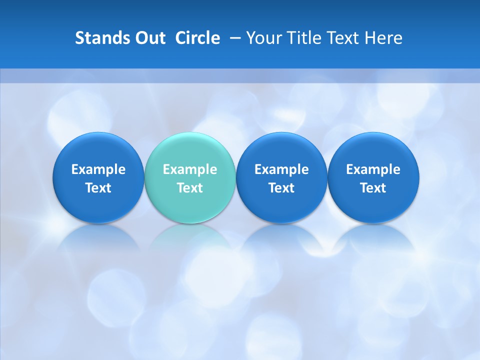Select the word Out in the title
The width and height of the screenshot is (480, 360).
149,38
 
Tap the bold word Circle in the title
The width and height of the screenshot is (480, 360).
197,38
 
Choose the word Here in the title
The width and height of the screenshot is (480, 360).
384,38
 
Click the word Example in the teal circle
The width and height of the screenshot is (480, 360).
190,169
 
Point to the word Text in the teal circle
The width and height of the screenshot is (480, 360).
190,188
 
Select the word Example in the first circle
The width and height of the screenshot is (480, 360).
98,169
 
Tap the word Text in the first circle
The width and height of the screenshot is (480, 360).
98,188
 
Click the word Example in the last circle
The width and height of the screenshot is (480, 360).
373,169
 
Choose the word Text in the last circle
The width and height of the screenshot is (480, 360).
373,188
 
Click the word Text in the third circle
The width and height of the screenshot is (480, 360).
281,188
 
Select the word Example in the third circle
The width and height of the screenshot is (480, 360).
281,169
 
